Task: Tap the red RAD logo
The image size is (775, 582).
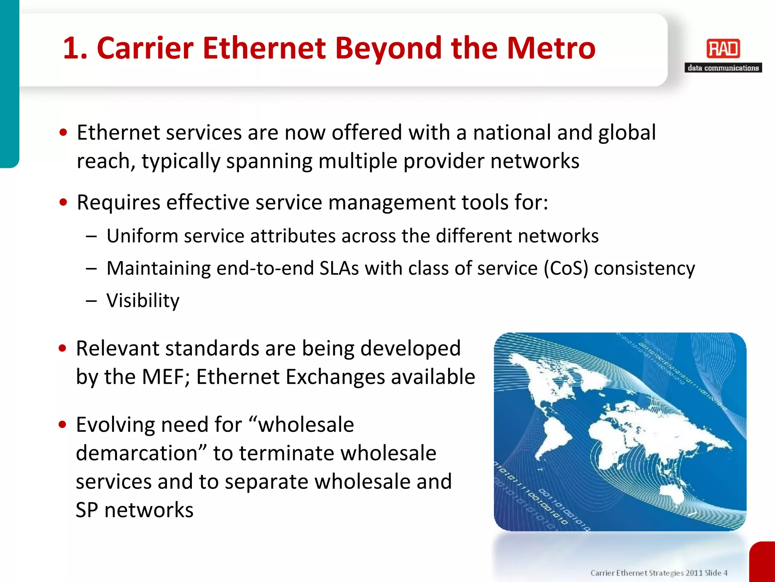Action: pyautogui.click(x=723, y=48)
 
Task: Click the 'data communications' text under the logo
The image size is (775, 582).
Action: pyautogui.click(x=723, y=68)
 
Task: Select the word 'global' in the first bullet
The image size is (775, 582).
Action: pyautogui.click(x=627, y=133)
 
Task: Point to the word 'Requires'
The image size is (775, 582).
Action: pyautogui.click(x=118, y=202)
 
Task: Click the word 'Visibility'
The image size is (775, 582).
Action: pyautogui.click(x=143, y=300)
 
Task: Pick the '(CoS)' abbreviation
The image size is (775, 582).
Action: pyautogui.click(x=566, y=268)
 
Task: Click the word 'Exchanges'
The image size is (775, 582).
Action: pyautogui.click(x=335, y=377)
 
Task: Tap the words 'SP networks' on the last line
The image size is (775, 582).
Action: pyautogui.click(x=134, y=510)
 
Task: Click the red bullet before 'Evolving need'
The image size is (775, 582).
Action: pyautogui.click(x=62, y=424)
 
